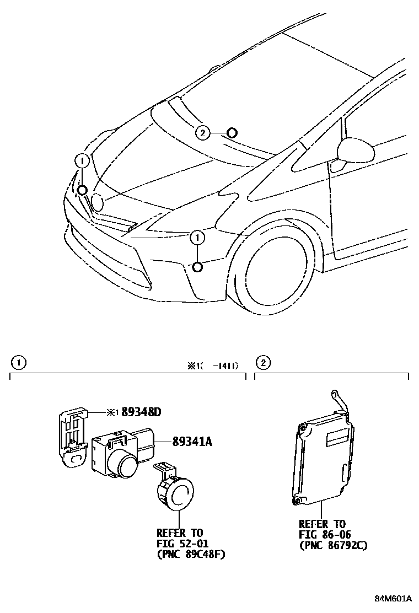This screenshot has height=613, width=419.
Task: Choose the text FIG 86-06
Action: pyautogui.click(x=325, y=534)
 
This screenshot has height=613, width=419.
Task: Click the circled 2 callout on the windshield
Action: pyautogui.click(x=202, y=132)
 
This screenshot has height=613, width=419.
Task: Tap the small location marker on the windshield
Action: pyautogui.click(x=232, y=132)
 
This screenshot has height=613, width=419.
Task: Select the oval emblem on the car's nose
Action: pyautogui.click(x=97, y=202)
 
